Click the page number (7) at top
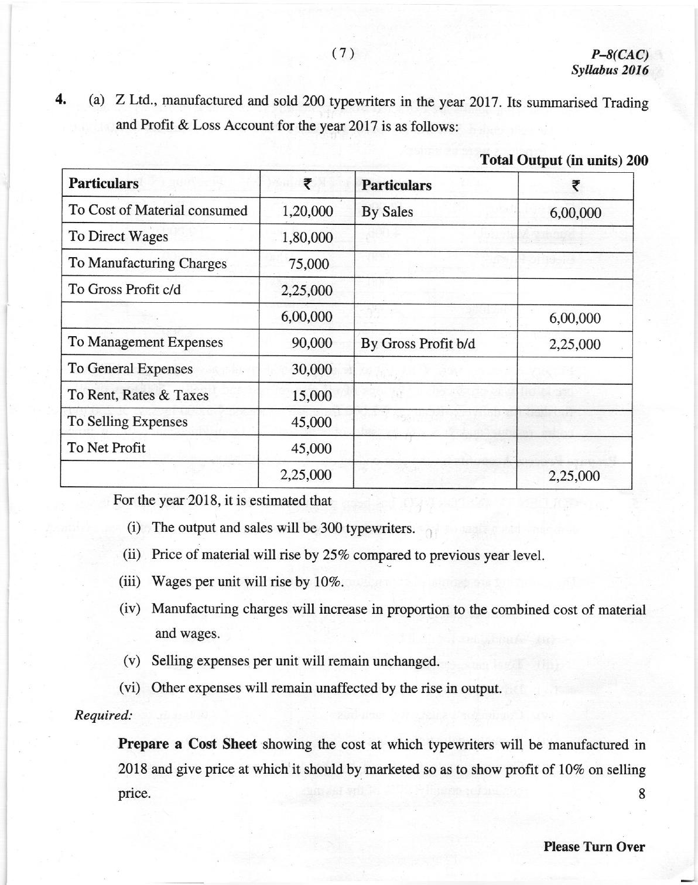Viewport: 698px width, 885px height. click(343, 53)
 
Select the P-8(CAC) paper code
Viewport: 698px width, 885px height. click(620, 55)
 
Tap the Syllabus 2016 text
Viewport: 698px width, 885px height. click(610, 70)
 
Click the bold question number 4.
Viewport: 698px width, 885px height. click(60, 99)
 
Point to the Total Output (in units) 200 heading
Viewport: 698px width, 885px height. click(564, 160)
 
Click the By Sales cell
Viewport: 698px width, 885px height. click(387, 212)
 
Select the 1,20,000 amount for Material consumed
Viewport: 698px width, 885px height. click(307, 211)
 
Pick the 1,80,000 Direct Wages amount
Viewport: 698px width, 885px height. click(307, 238)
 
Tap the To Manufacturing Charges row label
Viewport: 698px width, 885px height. click(147, 263)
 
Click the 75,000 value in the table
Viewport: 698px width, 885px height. click(309, 264)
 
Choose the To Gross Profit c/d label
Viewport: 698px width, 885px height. click(124, 289)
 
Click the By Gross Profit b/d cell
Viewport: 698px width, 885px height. click(418, 344)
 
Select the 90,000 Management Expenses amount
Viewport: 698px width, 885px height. click(312, 343)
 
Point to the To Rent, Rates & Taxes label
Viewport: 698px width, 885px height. click(138, 395)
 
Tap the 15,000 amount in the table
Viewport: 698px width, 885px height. click(312, 396)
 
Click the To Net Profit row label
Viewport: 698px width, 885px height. click(107, 448)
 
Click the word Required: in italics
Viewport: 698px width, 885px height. click(103, 715)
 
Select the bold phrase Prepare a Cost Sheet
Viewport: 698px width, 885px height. click(187, 744)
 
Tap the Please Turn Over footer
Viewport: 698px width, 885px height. click(594, 846)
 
